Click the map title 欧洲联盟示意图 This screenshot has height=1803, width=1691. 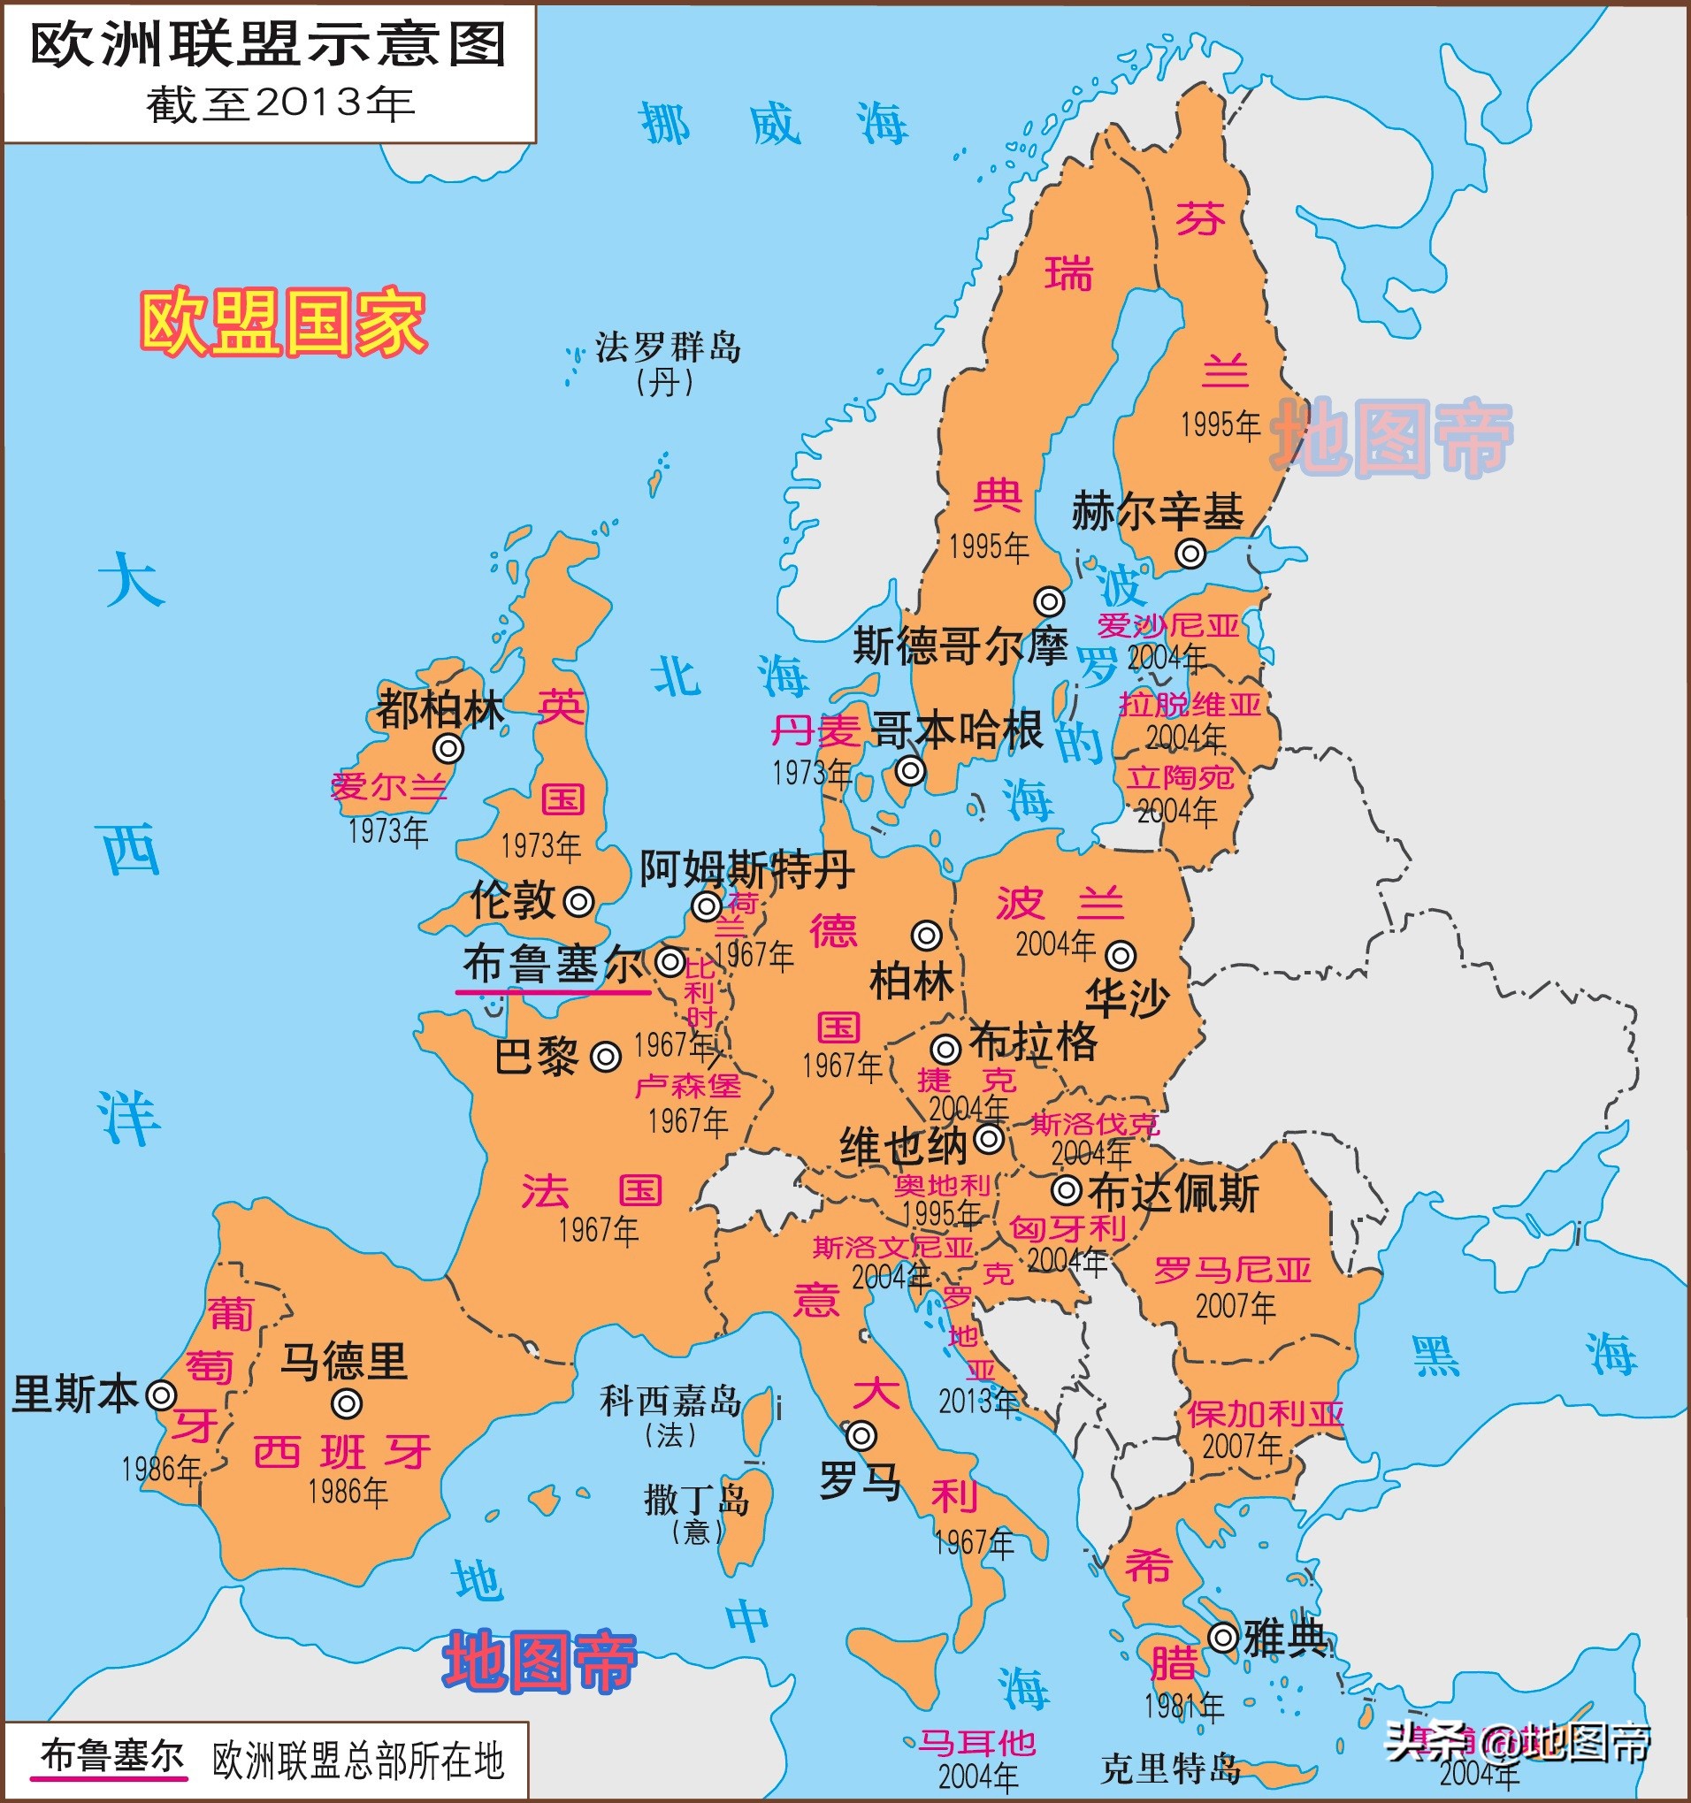(x=269, y=45)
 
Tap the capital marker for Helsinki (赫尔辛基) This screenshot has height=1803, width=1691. (x=1190, y=553)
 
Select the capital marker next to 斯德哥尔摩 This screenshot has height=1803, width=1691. (x=1049, y=600)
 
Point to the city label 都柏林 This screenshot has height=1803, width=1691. (x=440, y=709)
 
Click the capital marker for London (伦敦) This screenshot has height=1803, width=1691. (x=578, y=902)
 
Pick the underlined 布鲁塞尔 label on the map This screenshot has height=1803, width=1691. (x=554, y=963)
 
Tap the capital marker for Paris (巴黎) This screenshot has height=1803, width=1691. (x=606, y=1057)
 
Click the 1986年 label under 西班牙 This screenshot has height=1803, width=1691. (x=348, y=1492)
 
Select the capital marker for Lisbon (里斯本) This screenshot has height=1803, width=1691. (x=162, y=1394)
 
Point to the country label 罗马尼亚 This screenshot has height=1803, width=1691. (x=1232, y=1271)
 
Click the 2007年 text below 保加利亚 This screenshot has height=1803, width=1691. (x=1242, y=1447)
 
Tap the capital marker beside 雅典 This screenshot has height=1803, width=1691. (x=1223, y=1637)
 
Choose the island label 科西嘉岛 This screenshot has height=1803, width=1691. (x=670, y=1402)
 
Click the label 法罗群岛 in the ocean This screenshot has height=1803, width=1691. (x=668, y=348)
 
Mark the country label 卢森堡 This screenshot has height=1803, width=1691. (x=688, y=1087)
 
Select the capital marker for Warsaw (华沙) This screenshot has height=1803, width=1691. (x=1121, y=955)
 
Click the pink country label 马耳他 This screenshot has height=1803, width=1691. (x=977, y=1742)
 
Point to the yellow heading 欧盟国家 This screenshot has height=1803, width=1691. (x=283, y=322)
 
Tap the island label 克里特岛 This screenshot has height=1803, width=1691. (x=1170, y=1768)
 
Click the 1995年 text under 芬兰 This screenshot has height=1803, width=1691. (x=1220, y=424)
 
